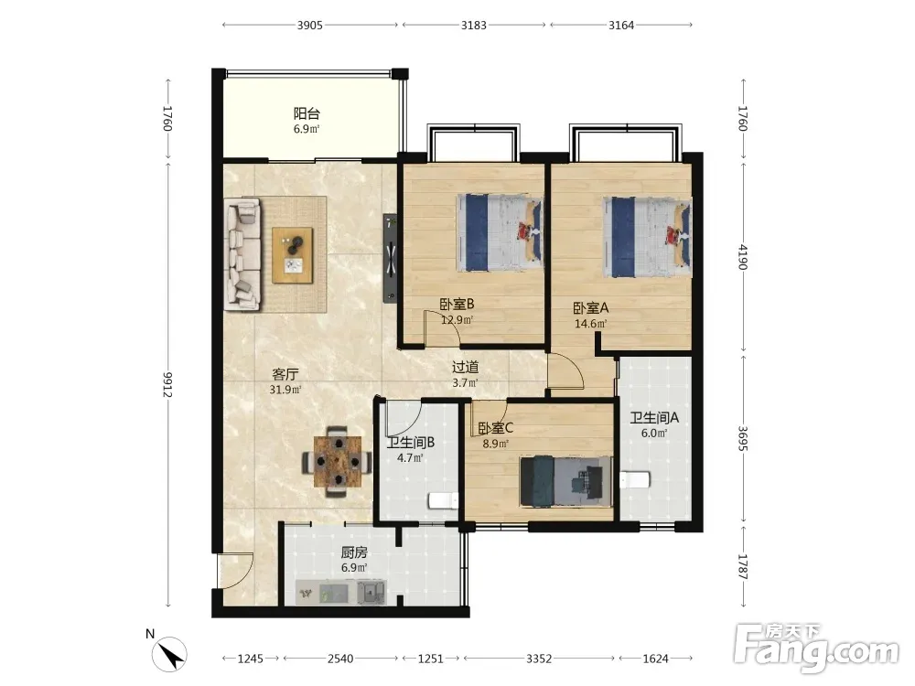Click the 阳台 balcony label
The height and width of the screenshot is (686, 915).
click(x=307, y=113)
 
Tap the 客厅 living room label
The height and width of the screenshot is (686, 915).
click(x=285, y=374)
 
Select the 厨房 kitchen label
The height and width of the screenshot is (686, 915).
click(x=354, y=552)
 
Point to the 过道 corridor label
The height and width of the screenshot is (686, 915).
click(x=465, y=367)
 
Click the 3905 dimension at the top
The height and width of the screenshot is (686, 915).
click(x=310, y=25)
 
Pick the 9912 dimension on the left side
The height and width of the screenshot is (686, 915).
click(x=168, y=384)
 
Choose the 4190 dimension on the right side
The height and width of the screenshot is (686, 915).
click(x=743, y=257)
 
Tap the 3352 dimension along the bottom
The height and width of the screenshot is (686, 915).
click(x=539, y=659)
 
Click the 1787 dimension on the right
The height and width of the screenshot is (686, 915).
click(x=743, y=567)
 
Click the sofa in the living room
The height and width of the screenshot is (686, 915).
click(x=242, y=253)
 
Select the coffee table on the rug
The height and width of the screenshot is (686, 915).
click(x=293, y=255)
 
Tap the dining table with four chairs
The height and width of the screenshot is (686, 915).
click(x=337, y=461)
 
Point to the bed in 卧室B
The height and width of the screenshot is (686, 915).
click(x=500, y=232)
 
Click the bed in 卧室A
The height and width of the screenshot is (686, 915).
click(x=648, y=238)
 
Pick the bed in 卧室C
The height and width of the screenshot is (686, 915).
click(x=566, y=482)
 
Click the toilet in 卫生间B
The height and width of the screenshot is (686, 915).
click(x=444, y=500)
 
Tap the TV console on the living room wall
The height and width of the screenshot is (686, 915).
click(x=391, y=259)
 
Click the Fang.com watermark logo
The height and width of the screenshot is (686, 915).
click(x=816, y=648)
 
